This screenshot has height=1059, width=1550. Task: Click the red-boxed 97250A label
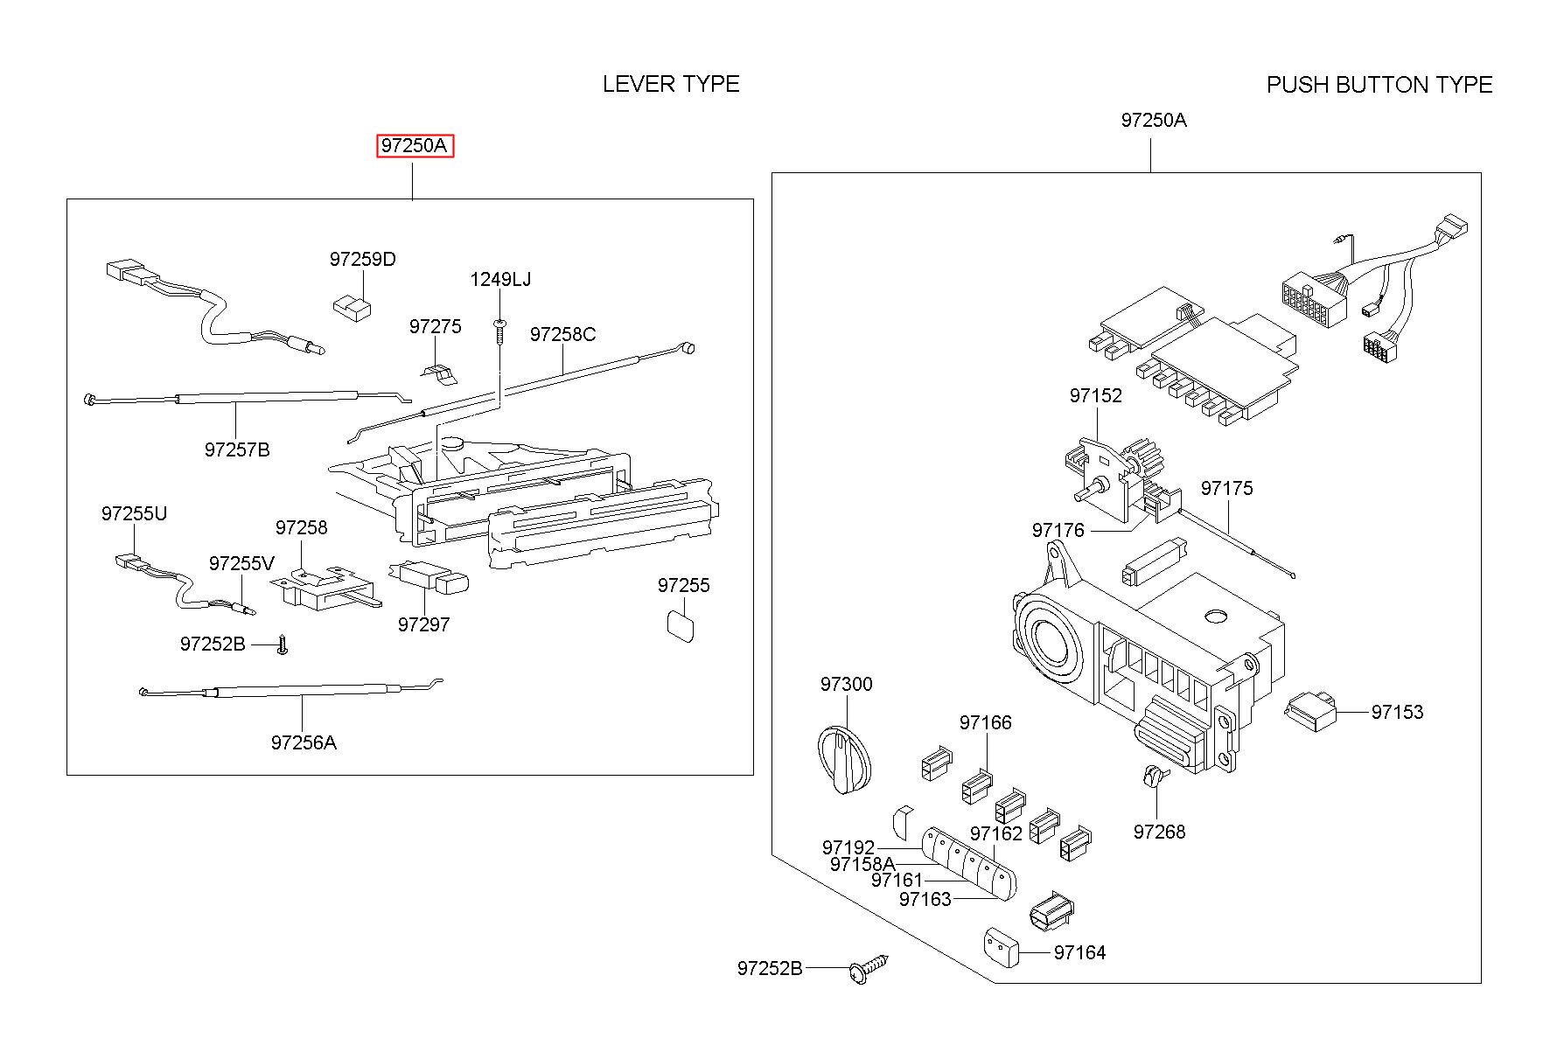(x=415, y=145)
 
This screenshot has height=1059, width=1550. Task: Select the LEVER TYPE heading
(x=671, y=84)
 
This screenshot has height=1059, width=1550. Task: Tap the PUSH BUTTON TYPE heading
(x=1379, y=85)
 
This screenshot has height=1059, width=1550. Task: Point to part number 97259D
(x=363, y=259)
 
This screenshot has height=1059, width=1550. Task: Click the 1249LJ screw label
(x=500, y=279)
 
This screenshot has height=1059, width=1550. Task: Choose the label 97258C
(x=563, y=334)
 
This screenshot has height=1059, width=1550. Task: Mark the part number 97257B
(x=237, y=449)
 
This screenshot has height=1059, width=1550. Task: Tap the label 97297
(x=423, y=624)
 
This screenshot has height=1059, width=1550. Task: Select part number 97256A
(x=304, y=742)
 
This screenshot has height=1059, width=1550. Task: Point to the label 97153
(x=1397, y=712)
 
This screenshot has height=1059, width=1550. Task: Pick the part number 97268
(x=1160, y=832)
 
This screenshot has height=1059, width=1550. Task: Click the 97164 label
(x=1080, y=952)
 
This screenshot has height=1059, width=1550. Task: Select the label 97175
(x=1226, y=488)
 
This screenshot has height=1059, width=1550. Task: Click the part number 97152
(x=1095, y=395)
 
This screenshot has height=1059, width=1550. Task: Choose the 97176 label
(x=1058, y=530)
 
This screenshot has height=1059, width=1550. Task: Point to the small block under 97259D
(x=352, y=305)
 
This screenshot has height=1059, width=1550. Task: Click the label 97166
(x=986, y=722)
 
